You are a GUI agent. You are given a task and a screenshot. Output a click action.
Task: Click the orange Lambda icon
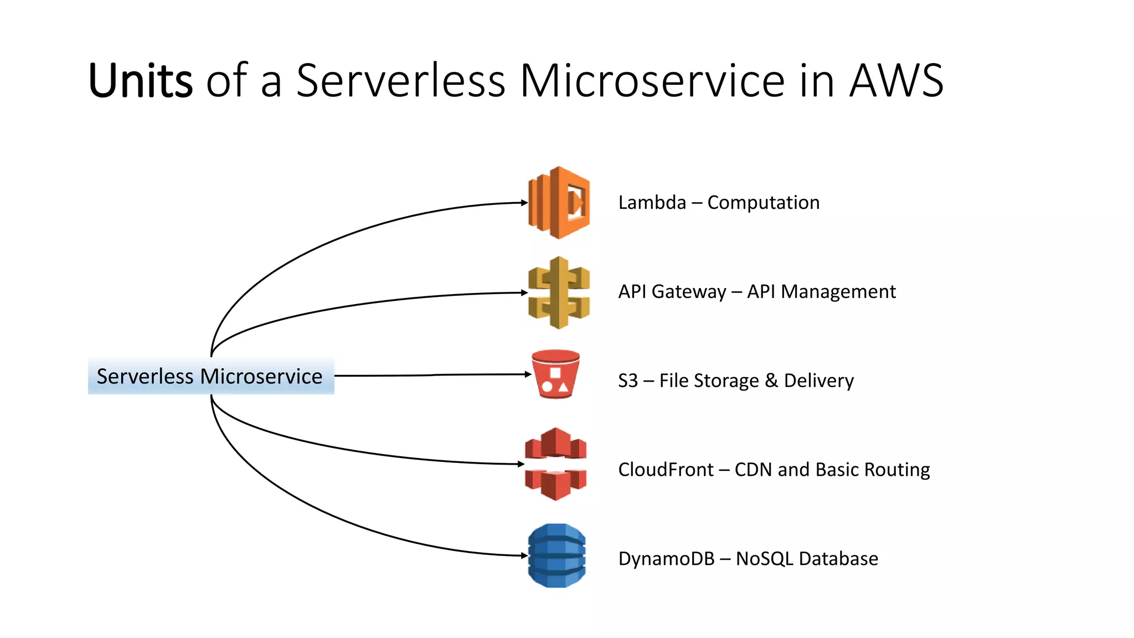point(559,203)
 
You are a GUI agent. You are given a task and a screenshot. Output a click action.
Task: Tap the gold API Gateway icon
point(559,292)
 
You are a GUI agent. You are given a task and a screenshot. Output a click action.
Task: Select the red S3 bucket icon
point(555,374)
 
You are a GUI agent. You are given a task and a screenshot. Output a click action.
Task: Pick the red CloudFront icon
point(555,464)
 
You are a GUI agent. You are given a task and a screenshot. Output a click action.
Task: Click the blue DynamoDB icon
point(556,555)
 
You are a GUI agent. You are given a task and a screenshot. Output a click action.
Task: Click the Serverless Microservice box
point(210,377)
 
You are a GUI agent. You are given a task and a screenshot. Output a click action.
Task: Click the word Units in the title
point(141,81)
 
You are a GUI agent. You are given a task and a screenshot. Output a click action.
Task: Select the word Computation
point(763,203)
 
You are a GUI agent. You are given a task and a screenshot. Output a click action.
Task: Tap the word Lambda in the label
point(652,203)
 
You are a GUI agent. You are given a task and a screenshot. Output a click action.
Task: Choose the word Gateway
point(689,292)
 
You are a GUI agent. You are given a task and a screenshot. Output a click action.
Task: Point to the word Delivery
point(819,381)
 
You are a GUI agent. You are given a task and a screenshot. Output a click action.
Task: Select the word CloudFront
point(666,470)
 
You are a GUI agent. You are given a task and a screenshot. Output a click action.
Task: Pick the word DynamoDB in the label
point(666,559)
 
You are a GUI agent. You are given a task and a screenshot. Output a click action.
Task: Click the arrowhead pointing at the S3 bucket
point(528,374)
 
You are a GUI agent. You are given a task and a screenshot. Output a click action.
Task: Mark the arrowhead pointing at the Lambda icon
point(524,203)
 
